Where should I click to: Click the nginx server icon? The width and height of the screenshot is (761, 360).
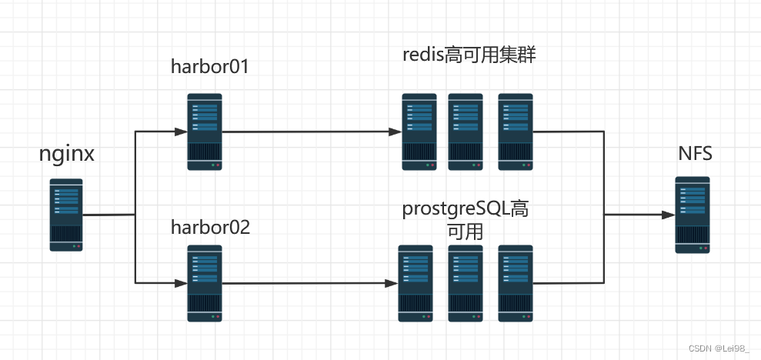coord(66,215)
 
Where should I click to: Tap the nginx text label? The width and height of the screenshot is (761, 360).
coord(67,154)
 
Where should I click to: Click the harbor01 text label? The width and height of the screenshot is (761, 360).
coord(210,67)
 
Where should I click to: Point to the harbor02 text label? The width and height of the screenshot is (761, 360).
coord(210,228)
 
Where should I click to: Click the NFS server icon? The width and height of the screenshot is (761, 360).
coord(693,214)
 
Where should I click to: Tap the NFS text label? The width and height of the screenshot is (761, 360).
coord(695,154)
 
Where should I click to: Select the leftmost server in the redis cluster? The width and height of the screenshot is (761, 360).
coord(419,132)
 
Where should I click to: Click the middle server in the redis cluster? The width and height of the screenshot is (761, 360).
coord(466,132)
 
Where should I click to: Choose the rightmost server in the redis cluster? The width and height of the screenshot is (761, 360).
coord(516,132)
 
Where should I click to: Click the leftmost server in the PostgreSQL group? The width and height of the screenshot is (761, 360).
coord(416,283)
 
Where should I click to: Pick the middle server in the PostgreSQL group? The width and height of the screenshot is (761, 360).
coord(466,283)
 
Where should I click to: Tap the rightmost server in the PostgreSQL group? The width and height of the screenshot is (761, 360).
coord(516,283)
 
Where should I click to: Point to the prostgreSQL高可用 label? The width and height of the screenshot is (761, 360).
coord(466,219)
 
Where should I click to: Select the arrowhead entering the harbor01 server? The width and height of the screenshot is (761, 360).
coord(182,132)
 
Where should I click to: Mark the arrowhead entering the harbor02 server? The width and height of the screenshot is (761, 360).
coord(182,283)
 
